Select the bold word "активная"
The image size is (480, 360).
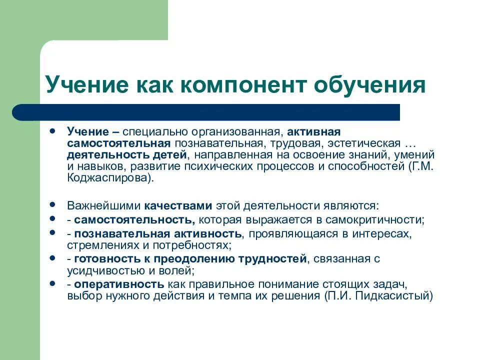pos(315,131)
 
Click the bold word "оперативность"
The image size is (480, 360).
pos(119,284)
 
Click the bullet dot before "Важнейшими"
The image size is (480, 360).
pos(53,205)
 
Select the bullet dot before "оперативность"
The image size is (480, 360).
pos(53,283)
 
